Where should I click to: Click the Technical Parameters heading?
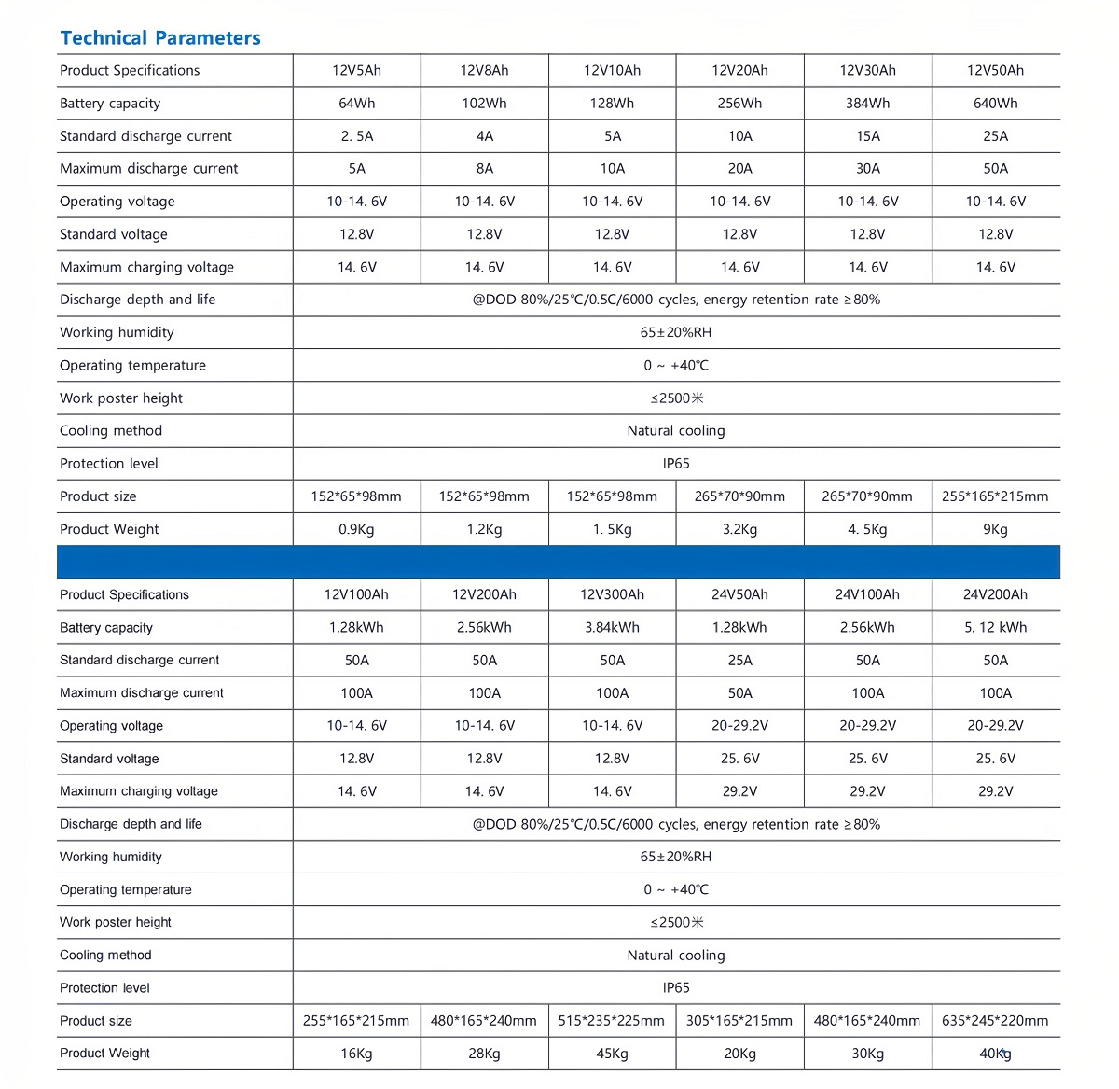click(160, 38)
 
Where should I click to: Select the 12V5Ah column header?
click(356, 70)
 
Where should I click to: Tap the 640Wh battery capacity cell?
click(995, 103)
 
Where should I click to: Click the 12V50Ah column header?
click(995, 70)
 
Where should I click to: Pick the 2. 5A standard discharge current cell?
click(356, 136)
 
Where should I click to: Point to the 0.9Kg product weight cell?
click(356, 529)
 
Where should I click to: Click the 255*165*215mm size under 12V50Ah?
click(995, 496)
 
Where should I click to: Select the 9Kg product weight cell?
click(995, 529)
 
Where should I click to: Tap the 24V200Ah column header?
click(995, 594)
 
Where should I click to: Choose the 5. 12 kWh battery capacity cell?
click(995, 627)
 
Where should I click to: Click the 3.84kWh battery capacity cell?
click(612, 627)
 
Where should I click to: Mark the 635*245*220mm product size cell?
click(995, 1021)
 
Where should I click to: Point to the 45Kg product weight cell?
click(612, 1054)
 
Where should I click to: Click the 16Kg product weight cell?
click(356, 1054)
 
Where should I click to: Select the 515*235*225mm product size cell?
click(612, 1021)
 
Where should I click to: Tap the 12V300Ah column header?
click(612, 594)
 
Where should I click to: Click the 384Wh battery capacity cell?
click(867, 103)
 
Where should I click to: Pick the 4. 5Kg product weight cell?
click(867, 529)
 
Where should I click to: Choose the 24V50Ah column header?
click(739, 594)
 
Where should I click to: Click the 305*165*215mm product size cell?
click(739, 1021)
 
